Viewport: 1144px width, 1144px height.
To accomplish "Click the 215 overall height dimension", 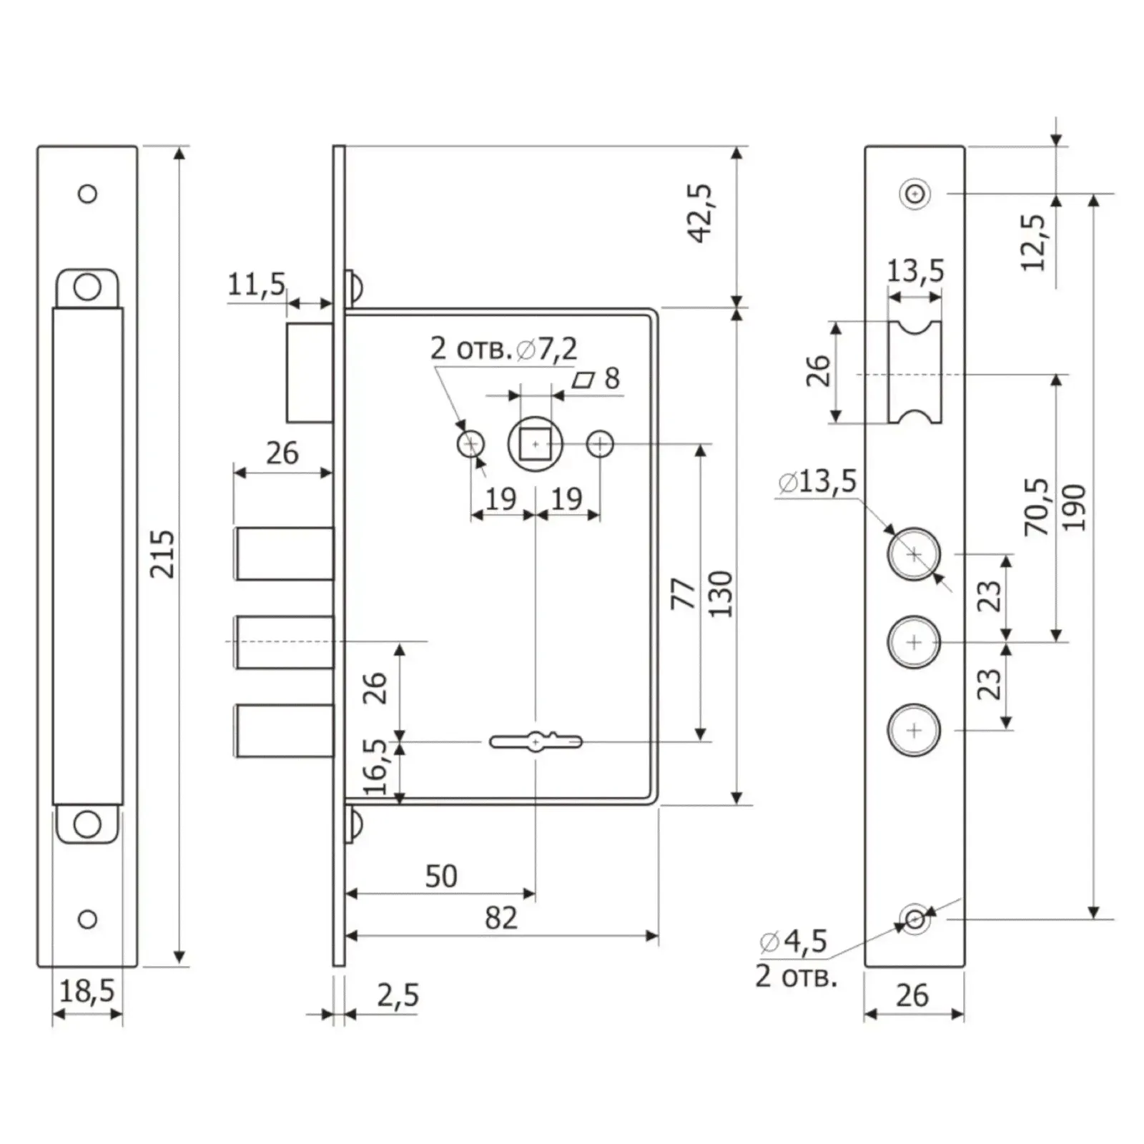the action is pyautogui.click(x=162, y=553).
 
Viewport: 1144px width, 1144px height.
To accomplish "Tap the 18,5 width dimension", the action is pyautogui.click(x=87, y=991).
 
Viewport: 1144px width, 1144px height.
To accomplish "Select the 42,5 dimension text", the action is pyautogui.click(x=701, y=213).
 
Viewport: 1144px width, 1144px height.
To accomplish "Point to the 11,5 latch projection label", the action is pyautogui.click(x=256, y=285).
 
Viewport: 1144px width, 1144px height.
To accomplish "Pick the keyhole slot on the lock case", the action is pyautogui.click(x=536, y=742).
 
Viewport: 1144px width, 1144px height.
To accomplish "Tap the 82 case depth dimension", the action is pyautogui.click(x=500, y=918).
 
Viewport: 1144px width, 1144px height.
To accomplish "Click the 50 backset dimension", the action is pyautogui.click(x=441, y=876).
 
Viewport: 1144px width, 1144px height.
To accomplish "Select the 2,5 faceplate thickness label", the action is pyautogui.click(x=398, y=995).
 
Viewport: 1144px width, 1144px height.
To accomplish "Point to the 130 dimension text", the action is pyautogui.click(x=721, y=594).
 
